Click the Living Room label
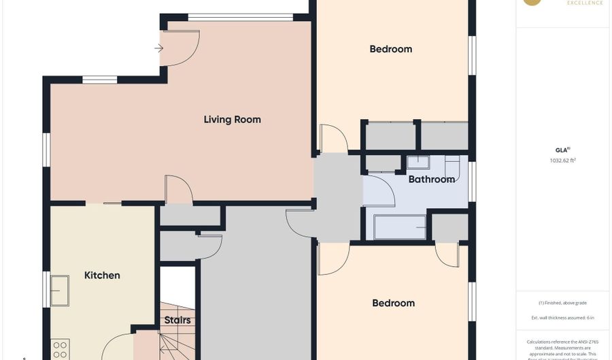click(232, 120)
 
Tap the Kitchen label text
click(102, 276)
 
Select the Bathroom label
click(431, 180)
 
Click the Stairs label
click(177, 320)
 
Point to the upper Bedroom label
click(390, 49)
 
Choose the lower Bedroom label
click(393, 304)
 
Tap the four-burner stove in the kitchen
click(60, 350)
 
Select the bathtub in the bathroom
click(399, 227)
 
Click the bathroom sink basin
click(418, 162)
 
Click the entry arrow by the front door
click(158, 48)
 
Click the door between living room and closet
click(179, 190)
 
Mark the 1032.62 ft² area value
click(562, 161)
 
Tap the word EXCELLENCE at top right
click(585, 3)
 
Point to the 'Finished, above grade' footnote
click(562, 303)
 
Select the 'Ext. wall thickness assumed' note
click(562, 318)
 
